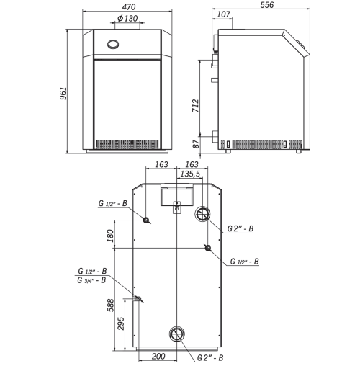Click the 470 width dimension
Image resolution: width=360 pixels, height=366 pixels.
[129, 7]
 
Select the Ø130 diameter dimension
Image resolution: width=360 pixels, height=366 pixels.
[127, 18]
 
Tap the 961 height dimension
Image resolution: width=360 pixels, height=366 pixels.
[63, 93]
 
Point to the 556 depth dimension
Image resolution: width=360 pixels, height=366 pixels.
[267, 5]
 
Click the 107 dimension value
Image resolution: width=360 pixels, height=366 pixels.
[223, 14]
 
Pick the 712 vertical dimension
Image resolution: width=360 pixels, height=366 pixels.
[195, 105]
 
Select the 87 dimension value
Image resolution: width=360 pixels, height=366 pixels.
[196, 144]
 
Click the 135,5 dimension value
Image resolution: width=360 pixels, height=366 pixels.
[190, 174]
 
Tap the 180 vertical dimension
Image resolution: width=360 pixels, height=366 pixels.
[110, 236]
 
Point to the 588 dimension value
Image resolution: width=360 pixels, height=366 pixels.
[110, 305]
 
